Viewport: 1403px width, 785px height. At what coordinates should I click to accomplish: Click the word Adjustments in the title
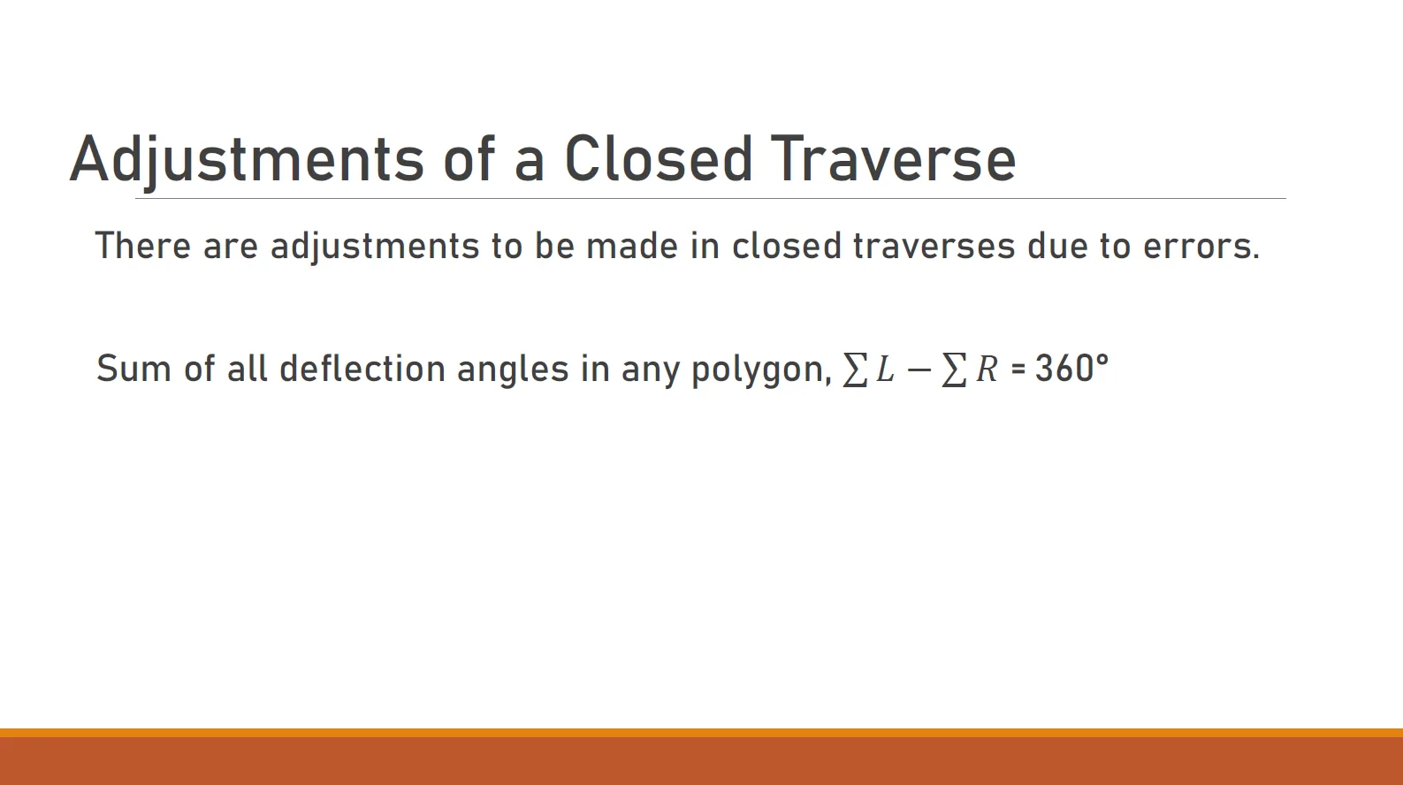pyautogui.click(x=248, y=159)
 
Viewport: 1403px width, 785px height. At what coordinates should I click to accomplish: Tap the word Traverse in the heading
pyautogui.click(x=893, y=159)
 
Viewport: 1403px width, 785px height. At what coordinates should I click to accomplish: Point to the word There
pyautogui.click(x=143, y=245)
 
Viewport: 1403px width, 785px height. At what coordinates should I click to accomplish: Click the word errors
pyautogui.click(x=1201, y=247)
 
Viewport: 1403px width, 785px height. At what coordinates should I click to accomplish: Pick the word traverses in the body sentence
pyautogui.click(x=934, y=247)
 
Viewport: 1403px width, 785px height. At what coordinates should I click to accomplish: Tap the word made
pyautogui.click(x=632, y=245)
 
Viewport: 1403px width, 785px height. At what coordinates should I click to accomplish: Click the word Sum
pyautogui.click(x=133, y=369)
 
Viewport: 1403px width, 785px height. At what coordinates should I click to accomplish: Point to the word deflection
pyautogui.click(x=362, y=369)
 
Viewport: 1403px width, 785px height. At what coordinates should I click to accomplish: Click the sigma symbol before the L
pyautogui.click(x=855, y=370)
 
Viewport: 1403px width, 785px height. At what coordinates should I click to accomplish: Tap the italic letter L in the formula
pyautogui.click(x=885, y=369)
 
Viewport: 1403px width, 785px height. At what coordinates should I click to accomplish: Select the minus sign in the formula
pyautogui.click(x=919, y=370)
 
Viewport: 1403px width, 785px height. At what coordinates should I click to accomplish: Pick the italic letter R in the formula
pyautogui.click(x=987, y=369)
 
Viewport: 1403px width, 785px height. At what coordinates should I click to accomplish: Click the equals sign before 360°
pyautogui.click(x=1018, y=370)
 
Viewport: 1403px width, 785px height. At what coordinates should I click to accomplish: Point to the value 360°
pyautogui.click(x=1071, y=368)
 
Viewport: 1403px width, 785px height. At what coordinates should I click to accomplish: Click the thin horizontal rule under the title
pyautogui.click(x=710, y=199)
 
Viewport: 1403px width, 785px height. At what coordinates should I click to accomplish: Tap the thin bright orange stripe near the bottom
pyautogui.click(x=702, y=732)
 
